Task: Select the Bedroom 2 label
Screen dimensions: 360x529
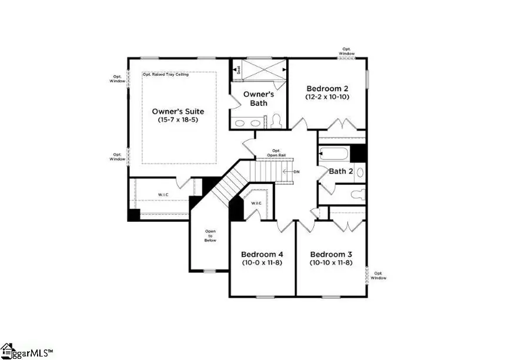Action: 327,88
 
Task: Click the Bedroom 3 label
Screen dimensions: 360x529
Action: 331,254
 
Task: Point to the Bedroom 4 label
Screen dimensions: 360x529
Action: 262,254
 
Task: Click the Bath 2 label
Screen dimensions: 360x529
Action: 340,171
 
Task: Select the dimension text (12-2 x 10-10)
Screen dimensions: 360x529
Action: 327,96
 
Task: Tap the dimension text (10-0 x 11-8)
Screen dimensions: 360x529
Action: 262,262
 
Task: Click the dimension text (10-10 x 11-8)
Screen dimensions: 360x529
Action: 331,262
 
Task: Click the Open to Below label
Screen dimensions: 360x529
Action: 210,235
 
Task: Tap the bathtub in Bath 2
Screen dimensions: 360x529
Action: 333,155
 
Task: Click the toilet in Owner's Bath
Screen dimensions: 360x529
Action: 277,121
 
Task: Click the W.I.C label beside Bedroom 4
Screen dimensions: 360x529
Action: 256,203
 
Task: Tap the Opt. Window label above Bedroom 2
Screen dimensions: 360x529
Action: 347,52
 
